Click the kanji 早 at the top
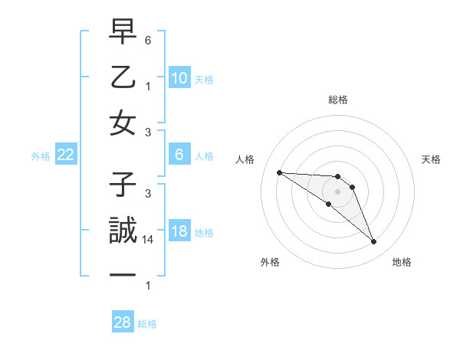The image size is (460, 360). [x=123, y=34]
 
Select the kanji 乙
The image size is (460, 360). [x=123, y=77]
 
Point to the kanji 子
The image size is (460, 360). [x=123, y=185]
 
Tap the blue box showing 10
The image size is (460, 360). [x=179, y=78]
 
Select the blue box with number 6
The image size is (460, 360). [x=179, y=155]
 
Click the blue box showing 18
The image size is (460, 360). [x=179, y=232]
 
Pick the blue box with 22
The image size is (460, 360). [x=66, y=155]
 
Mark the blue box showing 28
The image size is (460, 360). [x=123, y=322]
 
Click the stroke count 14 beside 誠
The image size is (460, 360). [x=149, y=240]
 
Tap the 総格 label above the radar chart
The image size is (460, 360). [x=337, y=100]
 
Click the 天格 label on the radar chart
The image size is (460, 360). [x=431, y=159]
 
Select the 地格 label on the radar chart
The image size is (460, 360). [x=402, y=262]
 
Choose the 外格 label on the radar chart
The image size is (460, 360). [x=270, y=262]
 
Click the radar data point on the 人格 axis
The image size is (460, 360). [x=279, y=172]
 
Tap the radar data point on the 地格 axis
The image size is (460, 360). [x=374, y=242]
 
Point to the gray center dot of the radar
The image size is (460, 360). [x=337, y=191]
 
